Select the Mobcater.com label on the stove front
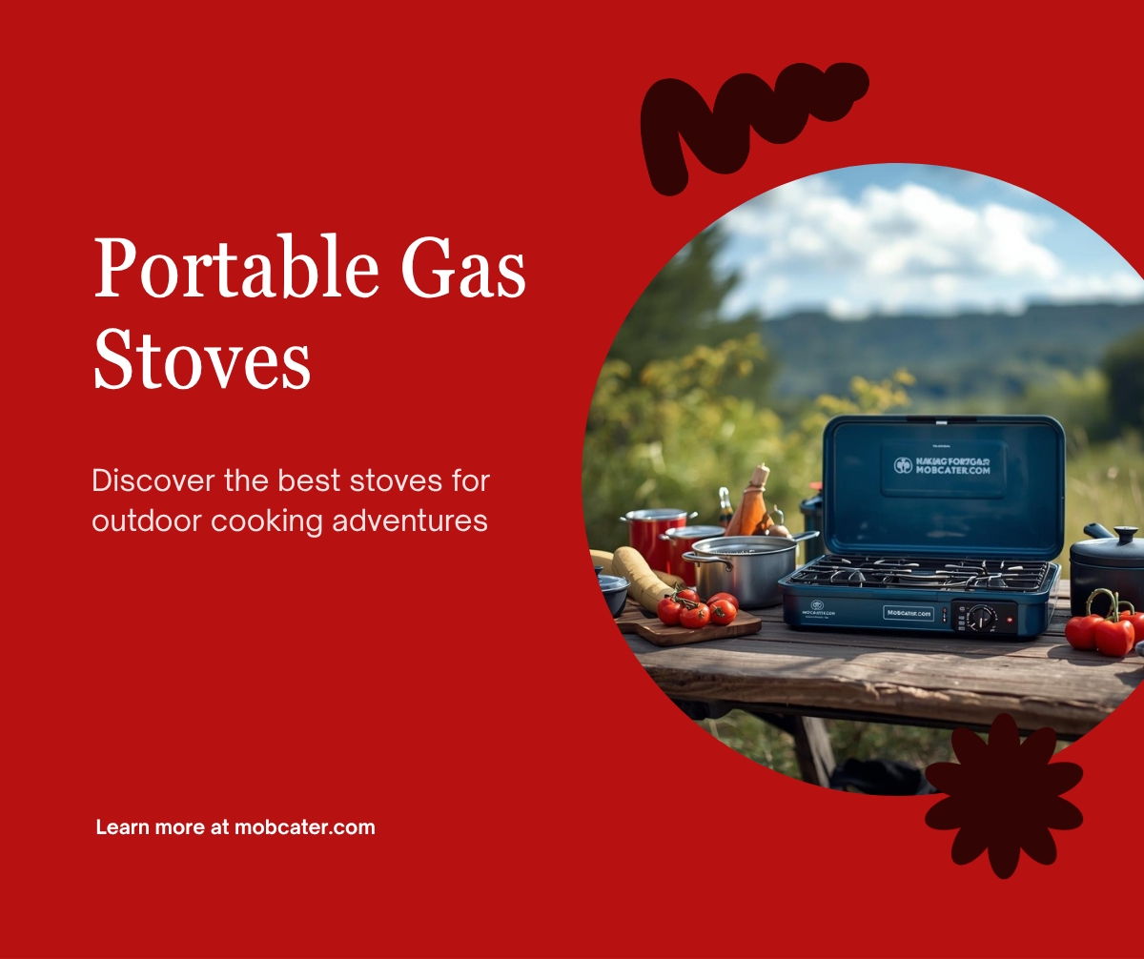coord(909,613)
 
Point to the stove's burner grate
coord(920,573)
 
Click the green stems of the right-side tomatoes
coord(1106,602)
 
